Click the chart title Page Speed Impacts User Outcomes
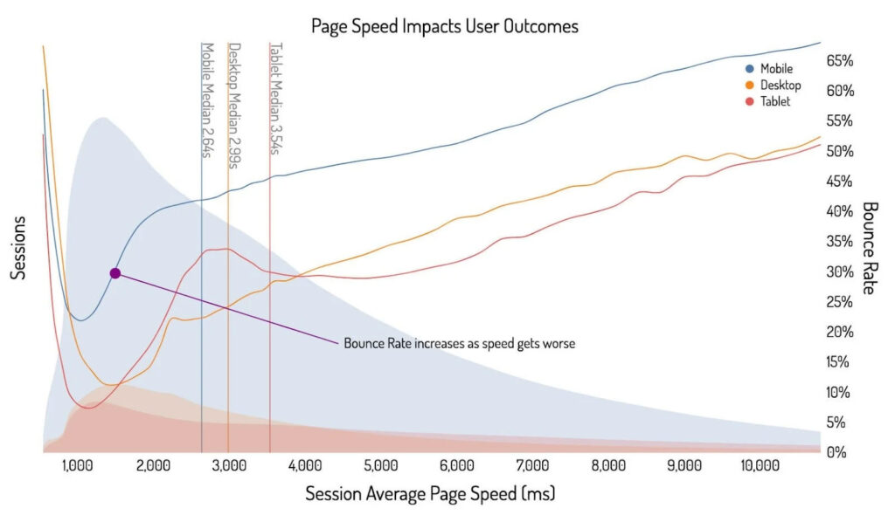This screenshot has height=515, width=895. (445, 26)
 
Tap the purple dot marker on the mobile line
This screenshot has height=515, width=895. (114, 273)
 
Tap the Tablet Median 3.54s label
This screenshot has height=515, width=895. (275, 99)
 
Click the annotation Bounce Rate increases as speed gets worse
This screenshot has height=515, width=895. (459, 343)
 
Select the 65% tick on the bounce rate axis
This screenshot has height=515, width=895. (839, 61)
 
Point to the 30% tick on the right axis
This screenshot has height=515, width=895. (839, 271)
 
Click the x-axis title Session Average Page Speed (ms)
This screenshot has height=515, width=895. (430, 494)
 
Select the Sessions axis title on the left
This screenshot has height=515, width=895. (17, 248)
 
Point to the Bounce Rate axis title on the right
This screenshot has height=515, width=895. (869, 248)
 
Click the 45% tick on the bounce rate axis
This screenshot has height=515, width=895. (839, 182)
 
